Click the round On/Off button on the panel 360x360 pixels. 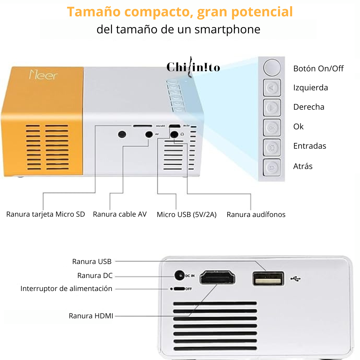pos(272,68)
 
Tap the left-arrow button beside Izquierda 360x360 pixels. pos(272,88)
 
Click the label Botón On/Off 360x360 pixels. pos(318,69)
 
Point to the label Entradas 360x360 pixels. pos(310,146)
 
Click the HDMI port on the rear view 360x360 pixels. pos(217,277)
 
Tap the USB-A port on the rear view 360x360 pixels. pos(268,279)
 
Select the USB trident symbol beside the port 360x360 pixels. pos(295,278)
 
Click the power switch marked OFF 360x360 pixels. pos(180,289)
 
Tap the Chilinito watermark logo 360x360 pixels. pos(193,67)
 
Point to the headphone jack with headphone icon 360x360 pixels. pos(174,134)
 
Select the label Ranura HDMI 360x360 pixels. pos(91,316)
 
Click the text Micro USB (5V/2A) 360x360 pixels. pos(187,215)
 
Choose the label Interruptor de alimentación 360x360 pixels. pos(66,289)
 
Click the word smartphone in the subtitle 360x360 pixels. pos(227,29)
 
